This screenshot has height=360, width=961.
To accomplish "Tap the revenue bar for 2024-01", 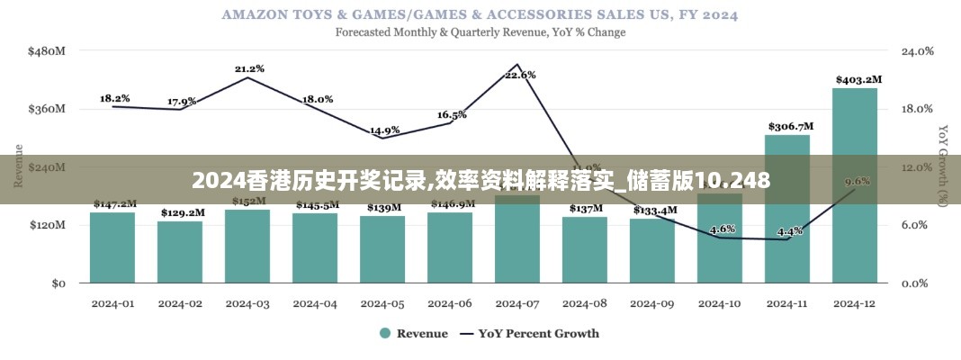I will [112, 247].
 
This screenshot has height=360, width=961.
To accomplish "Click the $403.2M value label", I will [858, 79].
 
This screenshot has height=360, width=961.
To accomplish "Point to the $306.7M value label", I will [790, 126].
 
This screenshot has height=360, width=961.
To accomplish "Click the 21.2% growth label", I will [249, 68].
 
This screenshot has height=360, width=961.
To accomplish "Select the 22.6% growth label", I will [520, 75].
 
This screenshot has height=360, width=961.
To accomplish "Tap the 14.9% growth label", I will [384, 130].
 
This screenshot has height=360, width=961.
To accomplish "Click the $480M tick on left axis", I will [47, 51].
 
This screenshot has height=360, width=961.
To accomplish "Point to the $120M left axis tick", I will [47, 225].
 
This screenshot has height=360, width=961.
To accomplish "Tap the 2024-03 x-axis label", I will [247, 303].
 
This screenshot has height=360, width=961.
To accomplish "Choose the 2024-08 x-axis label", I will [585, 303].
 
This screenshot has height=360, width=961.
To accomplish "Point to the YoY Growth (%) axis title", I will [942, 166].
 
